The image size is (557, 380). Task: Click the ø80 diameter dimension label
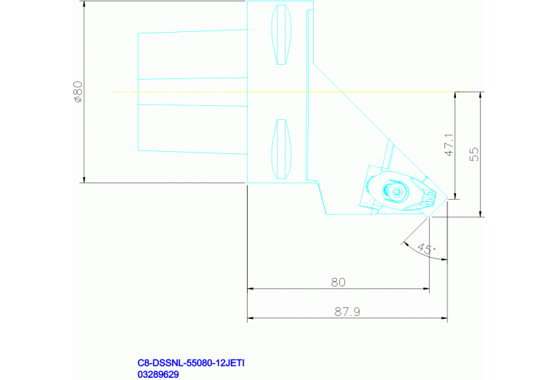[x=78, y=92]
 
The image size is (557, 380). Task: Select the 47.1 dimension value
[x=450, y=145]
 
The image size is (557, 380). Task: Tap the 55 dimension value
[x=474, y=154]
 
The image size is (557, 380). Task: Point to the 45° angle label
[x=426, y=248]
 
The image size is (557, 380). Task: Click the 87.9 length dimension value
[x=347, y=312]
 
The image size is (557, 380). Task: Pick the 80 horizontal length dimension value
[x=338, y=282]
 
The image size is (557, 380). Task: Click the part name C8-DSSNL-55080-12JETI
[x=191, y=363]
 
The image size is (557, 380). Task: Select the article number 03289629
[x=158, y=374]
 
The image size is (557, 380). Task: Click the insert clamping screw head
[x=397, y=192]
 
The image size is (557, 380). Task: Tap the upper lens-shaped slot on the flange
[x=281, y=34]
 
